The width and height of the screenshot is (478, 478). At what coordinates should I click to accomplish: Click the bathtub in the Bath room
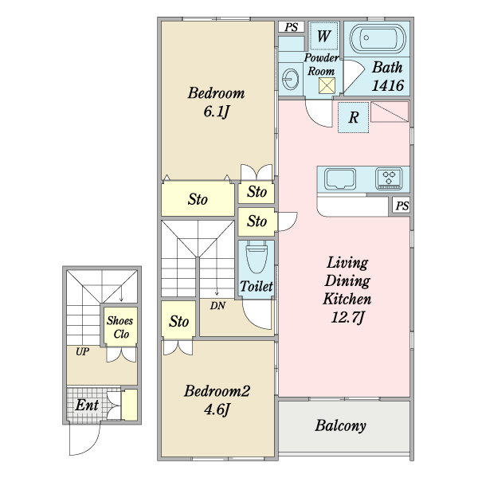click(378, 39)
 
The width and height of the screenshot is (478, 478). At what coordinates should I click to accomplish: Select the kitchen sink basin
click(340, 178)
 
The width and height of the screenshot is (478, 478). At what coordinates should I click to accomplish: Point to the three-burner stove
click(389, 178)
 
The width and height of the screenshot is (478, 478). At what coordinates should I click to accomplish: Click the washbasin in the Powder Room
click(290, 79)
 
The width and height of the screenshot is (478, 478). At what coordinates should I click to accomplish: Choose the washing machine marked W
click(323, 36)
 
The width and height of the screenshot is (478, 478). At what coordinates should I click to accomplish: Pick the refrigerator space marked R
click(353, 117)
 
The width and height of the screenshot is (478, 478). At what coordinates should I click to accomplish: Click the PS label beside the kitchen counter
click(402, 206)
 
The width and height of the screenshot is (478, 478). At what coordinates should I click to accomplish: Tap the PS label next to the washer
click(291, 27)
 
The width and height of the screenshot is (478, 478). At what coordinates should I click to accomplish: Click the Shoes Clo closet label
click(120, 327)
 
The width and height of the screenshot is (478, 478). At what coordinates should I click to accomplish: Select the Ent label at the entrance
click(87, 406)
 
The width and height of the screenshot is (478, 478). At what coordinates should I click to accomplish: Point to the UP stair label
click(82, 352)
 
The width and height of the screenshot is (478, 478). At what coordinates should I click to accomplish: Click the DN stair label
click(217, 305)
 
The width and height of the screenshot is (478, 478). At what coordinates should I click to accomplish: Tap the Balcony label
click(340, 425)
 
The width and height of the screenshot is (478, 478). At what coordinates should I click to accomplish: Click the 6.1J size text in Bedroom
click(216, 112)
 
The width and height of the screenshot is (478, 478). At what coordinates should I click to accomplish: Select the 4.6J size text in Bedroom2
click(217, 409)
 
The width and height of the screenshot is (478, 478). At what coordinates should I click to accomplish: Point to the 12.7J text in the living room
click(347, 318)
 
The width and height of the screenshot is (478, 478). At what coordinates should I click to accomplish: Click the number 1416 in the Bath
click(388, 85)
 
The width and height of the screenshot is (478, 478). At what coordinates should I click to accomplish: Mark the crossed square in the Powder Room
click(327, 86)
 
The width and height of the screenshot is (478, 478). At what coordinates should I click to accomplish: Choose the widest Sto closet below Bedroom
click(198, 198)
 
